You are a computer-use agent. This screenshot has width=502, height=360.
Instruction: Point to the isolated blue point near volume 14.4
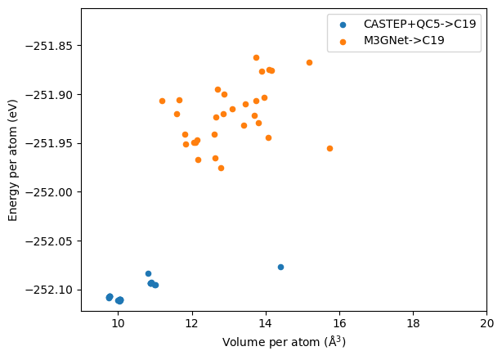tap(280, 267)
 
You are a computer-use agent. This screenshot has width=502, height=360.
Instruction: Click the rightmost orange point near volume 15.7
tap(329, 148)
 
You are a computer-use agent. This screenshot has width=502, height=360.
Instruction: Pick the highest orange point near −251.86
tap(256, 57)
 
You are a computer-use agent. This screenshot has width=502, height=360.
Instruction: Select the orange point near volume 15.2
tap(309, 62)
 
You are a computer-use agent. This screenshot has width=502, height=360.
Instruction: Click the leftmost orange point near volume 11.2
tap(162, 101)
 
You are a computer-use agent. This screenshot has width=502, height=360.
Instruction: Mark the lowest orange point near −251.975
tap(221, 168)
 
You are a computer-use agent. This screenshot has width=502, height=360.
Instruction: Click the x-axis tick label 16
tap(339, 324)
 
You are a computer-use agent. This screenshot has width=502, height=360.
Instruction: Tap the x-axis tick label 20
tap(486, 324)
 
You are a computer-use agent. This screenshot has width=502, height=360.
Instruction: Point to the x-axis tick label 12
tap(192, 324)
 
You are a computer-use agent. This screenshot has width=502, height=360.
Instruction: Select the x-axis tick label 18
tap(413, 324)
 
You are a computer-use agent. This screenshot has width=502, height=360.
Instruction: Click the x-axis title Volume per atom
tap(284, 342)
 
